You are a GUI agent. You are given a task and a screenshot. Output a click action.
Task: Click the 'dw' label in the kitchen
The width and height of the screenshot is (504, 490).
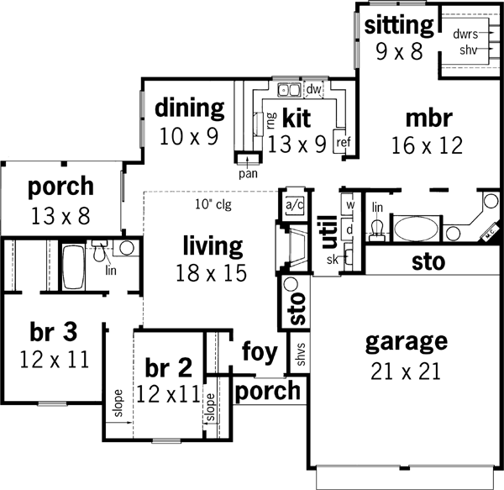click(314, 88)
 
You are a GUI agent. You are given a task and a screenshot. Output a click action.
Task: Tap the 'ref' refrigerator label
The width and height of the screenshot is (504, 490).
click(343, 142)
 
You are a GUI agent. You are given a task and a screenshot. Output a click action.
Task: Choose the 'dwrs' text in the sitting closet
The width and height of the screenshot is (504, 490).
click(465, 35)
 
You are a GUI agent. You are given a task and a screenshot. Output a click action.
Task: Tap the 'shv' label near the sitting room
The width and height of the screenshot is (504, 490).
click(467, 50)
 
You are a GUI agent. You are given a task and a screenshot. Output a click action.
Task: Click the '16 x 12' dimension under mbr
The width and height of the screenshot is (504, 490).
click(427, 145)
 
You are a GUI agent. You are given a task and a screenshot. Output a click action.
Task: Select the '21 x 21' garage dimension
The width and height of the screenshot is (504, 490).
click(406, 371)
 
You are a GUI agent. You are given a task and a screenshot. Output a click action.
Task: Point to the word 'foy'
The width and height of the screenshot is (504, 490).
click(260, 352)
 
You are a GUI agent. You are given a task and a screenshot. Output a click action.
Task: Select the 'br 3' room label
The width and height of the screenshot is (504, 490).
click(48, 331)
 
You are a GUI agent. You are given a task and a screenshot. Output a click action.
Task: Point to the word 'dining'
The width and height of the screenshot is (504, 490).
click(190, 108)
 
